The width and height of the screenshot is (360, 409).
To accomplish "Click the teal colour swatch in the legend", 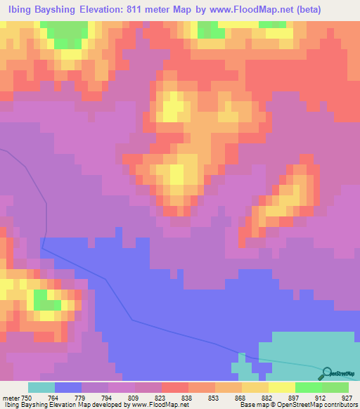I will coord(41,387).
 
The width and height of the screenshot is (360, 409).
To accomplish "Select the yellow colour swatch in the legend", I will coord(282,387).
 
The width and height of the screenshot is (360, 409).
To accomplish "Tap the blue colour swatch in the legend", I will coord(68,387).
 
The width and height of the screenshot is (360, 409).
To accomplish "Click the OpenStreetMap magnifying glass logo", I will coord(326,373).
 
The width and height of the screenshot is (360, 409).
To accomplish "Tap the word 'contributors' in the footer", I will coord(340,405).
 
